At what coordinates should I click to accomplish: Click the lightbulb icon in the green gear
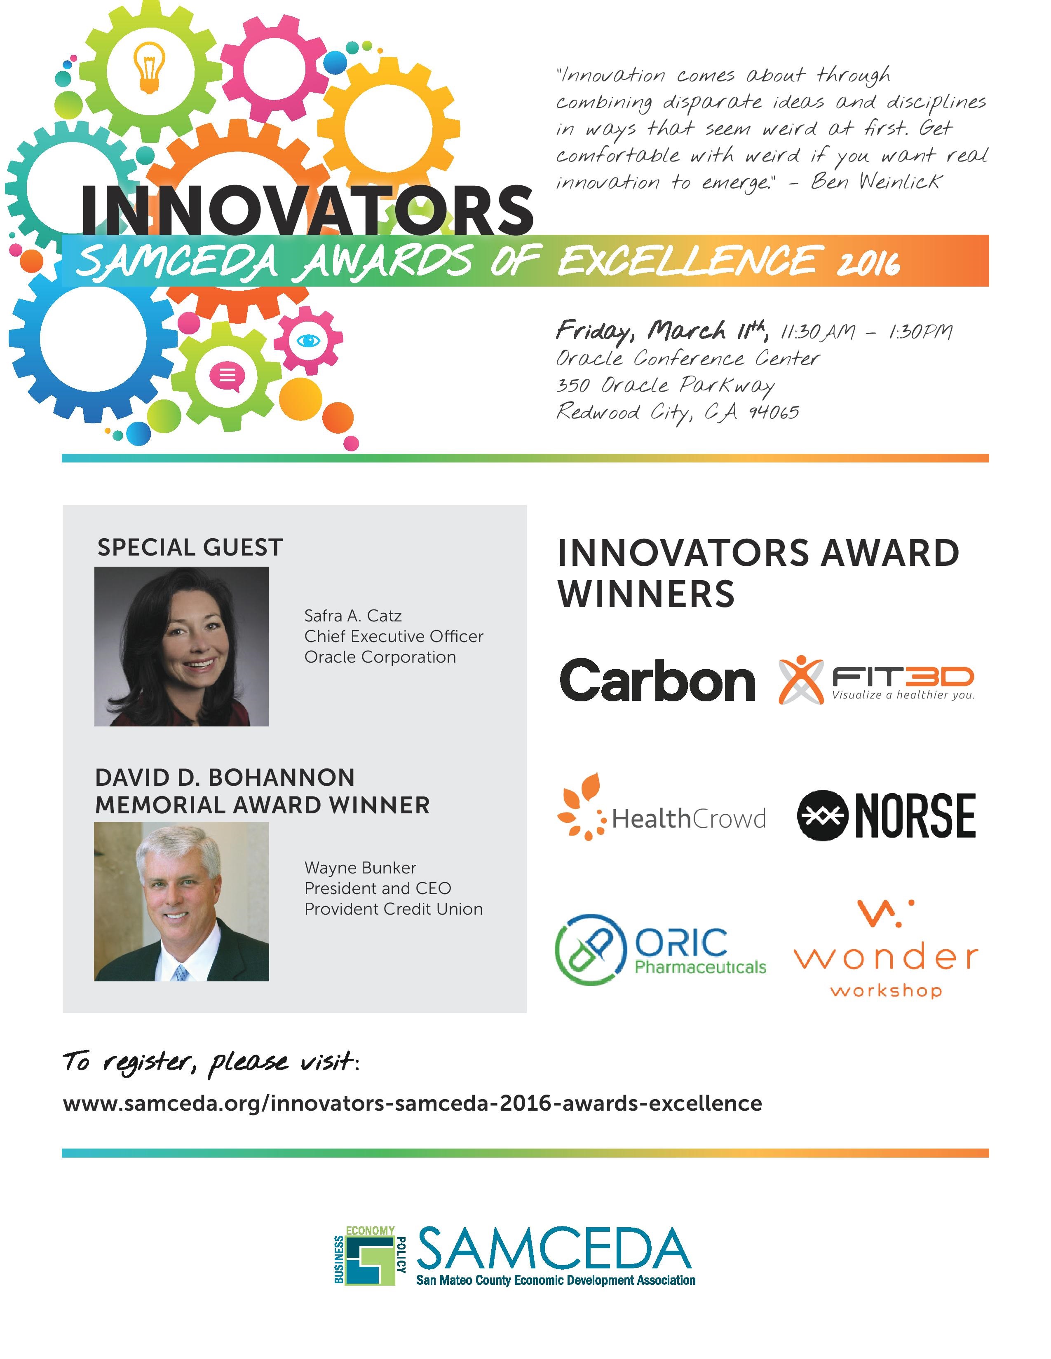(150, 68)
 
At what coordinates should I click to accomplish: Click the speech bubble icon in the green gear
(227, 376)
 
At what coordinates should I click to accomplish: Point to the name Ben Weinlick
(877, 181)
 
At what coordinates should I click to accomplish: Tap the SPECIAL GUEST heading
(190, 548)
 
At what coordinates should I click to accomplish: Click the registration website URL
(412, 1103)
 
